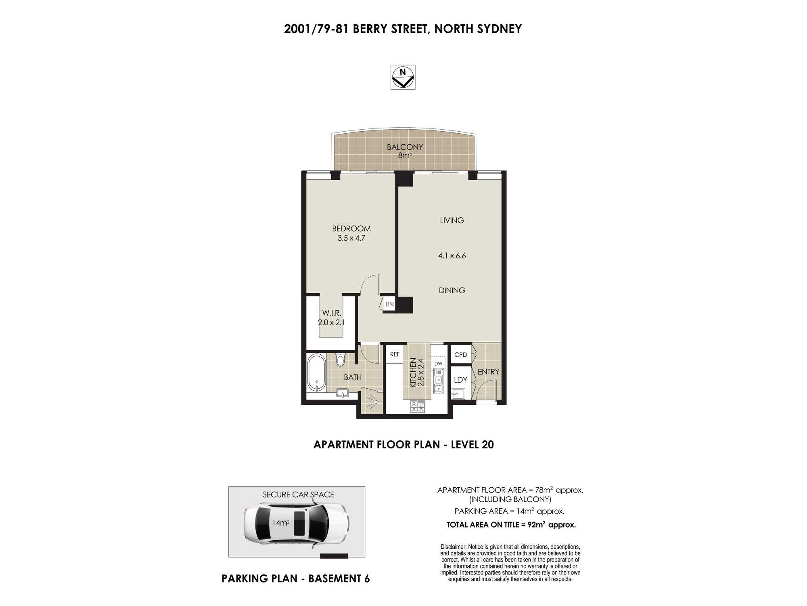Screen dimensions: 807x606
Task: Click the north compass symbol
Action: [403, 77]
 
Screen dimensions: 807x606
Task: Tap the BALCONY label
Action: [405, 147]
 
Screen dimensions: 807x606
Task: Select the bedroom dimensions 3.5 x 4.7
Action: [351, 238]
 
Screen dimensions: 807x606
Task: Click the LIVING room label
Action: [452, 220]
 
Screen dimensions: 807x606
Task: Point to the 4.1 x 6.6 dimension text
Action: [452, 255]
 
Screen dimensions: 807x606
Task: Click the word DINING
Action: [452, 290]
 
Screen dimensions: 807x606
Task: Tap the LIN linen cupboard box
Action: [389, 304]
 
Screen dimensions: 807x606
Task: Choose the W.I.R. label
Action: [332, 313]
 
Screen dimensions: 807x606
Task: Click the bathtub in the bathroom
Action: [317, 372]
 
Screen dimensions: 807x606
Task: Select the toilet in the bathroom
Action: [341, 358]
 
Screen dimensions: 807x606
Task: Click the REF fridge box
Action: [395, 354]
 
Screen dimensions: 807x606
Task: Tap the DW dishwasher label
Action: [438, 364]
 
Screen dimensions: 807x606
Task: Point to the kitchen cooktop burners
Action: [417, 406]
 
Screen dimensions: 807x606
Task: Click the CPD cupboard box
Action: [460, 355]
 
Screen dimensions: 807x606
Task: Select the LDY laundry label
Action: [460, 380]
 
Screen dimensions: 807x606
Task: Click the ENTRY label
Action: [488, 372]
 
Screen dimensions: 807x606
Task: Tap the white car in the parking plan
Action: [297, 523]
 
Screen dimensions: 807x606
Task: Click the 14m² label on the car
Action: [280, 523]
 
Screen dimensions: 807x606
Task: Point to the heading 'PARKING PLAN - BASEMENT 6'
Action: [296, 579]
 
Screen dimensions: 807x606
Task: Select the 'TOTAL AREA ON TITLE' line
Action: [511, 525]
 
